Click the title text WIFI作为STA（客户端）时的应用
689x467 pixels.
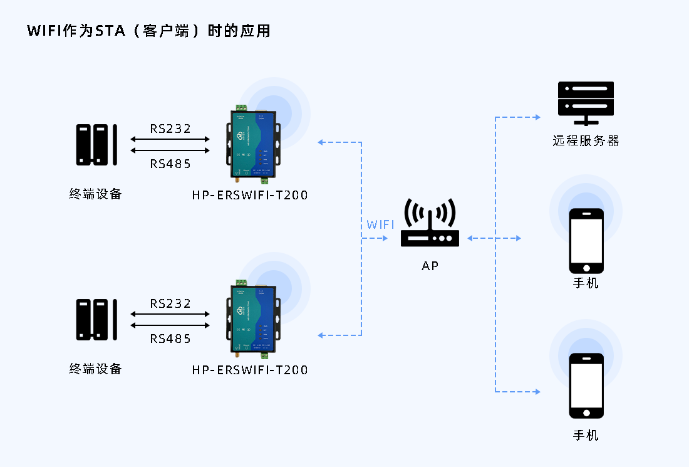pos(149,31)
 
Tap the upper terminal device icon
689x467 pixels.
pos(96,145)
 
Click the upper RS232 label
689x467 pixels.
pos(170,129)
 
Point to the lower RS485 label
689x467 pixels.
pos(170,339)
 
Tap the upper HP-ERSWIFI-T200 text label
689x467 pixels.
pos(250,195)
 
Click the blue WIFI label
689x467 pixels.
pos(381,224)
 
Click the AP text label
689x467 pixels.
pos(430,266)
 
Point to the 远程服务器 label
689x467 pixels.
pos(586,141)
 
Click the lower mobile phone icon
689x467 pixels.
pos(586,386)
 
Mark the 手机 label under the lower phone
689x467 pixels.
pos(586,435)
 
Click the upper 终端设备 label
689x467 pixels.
pos(95,194)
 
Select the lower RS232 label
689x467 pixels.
pos(170,304)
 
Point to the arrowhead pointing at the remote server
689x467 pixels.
pos(537,117)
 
